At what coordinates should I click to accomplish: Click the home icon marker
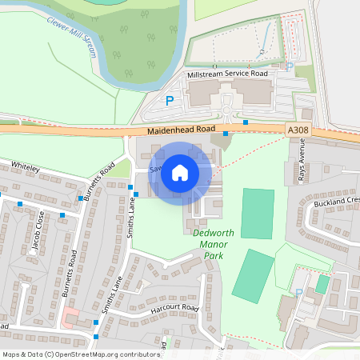pos(180,172)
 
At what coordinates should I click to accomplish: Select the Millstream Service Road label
pos(226,74)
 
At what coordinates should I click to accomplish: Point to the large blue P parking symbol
pos(169,101)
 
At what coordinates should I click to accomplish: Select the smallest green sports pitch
pos(322,284)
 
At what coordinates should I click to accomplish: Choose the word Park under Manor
pos(212,256)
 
